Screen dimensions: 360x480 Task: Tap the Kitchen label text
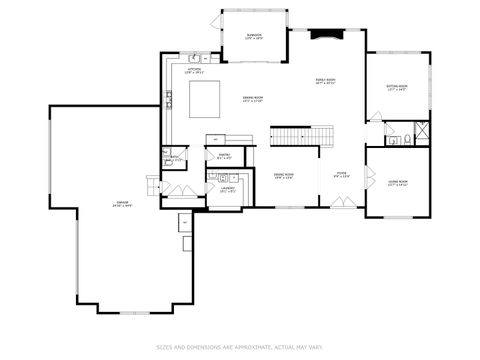194,71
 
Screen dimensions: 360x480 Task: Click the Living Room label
397,183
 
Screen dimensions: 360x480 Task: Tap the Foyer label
341,175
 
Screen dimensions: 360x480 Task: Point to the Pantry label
224,155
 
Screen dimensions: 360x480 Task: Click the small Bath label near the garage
174,157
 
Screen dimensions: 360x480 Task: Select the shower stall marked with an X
422,131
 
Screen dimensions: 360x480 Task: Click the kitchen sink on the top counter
195,57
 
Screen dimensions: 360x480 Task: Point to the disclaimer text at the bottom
240,347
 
